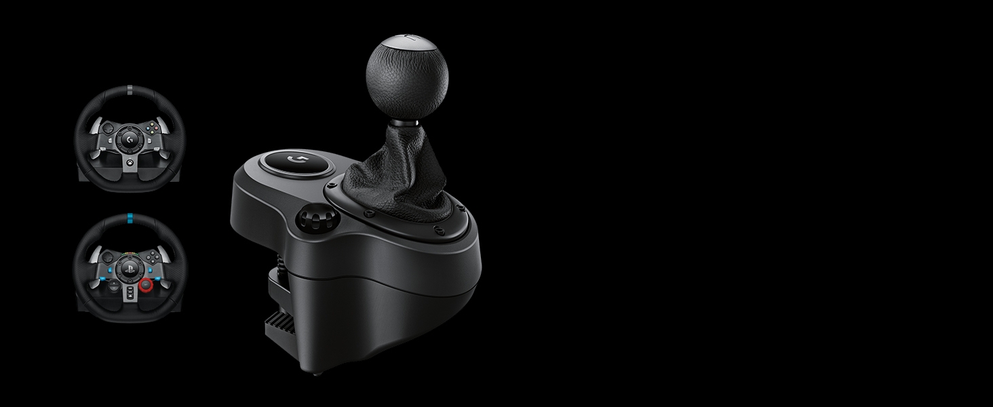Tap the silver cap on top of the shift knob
coord(406,42)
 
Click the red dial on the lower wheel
coord(145,286)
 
